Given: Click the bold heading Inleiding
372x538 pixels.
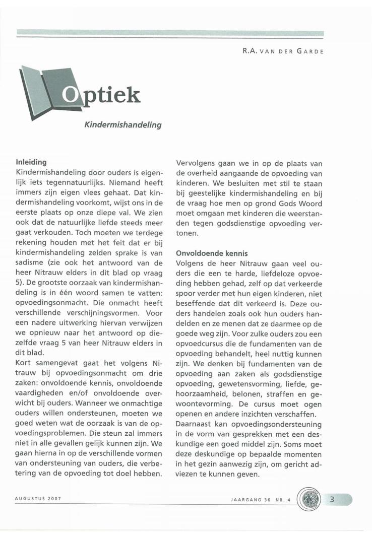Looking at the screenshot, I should pos(32,163).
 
